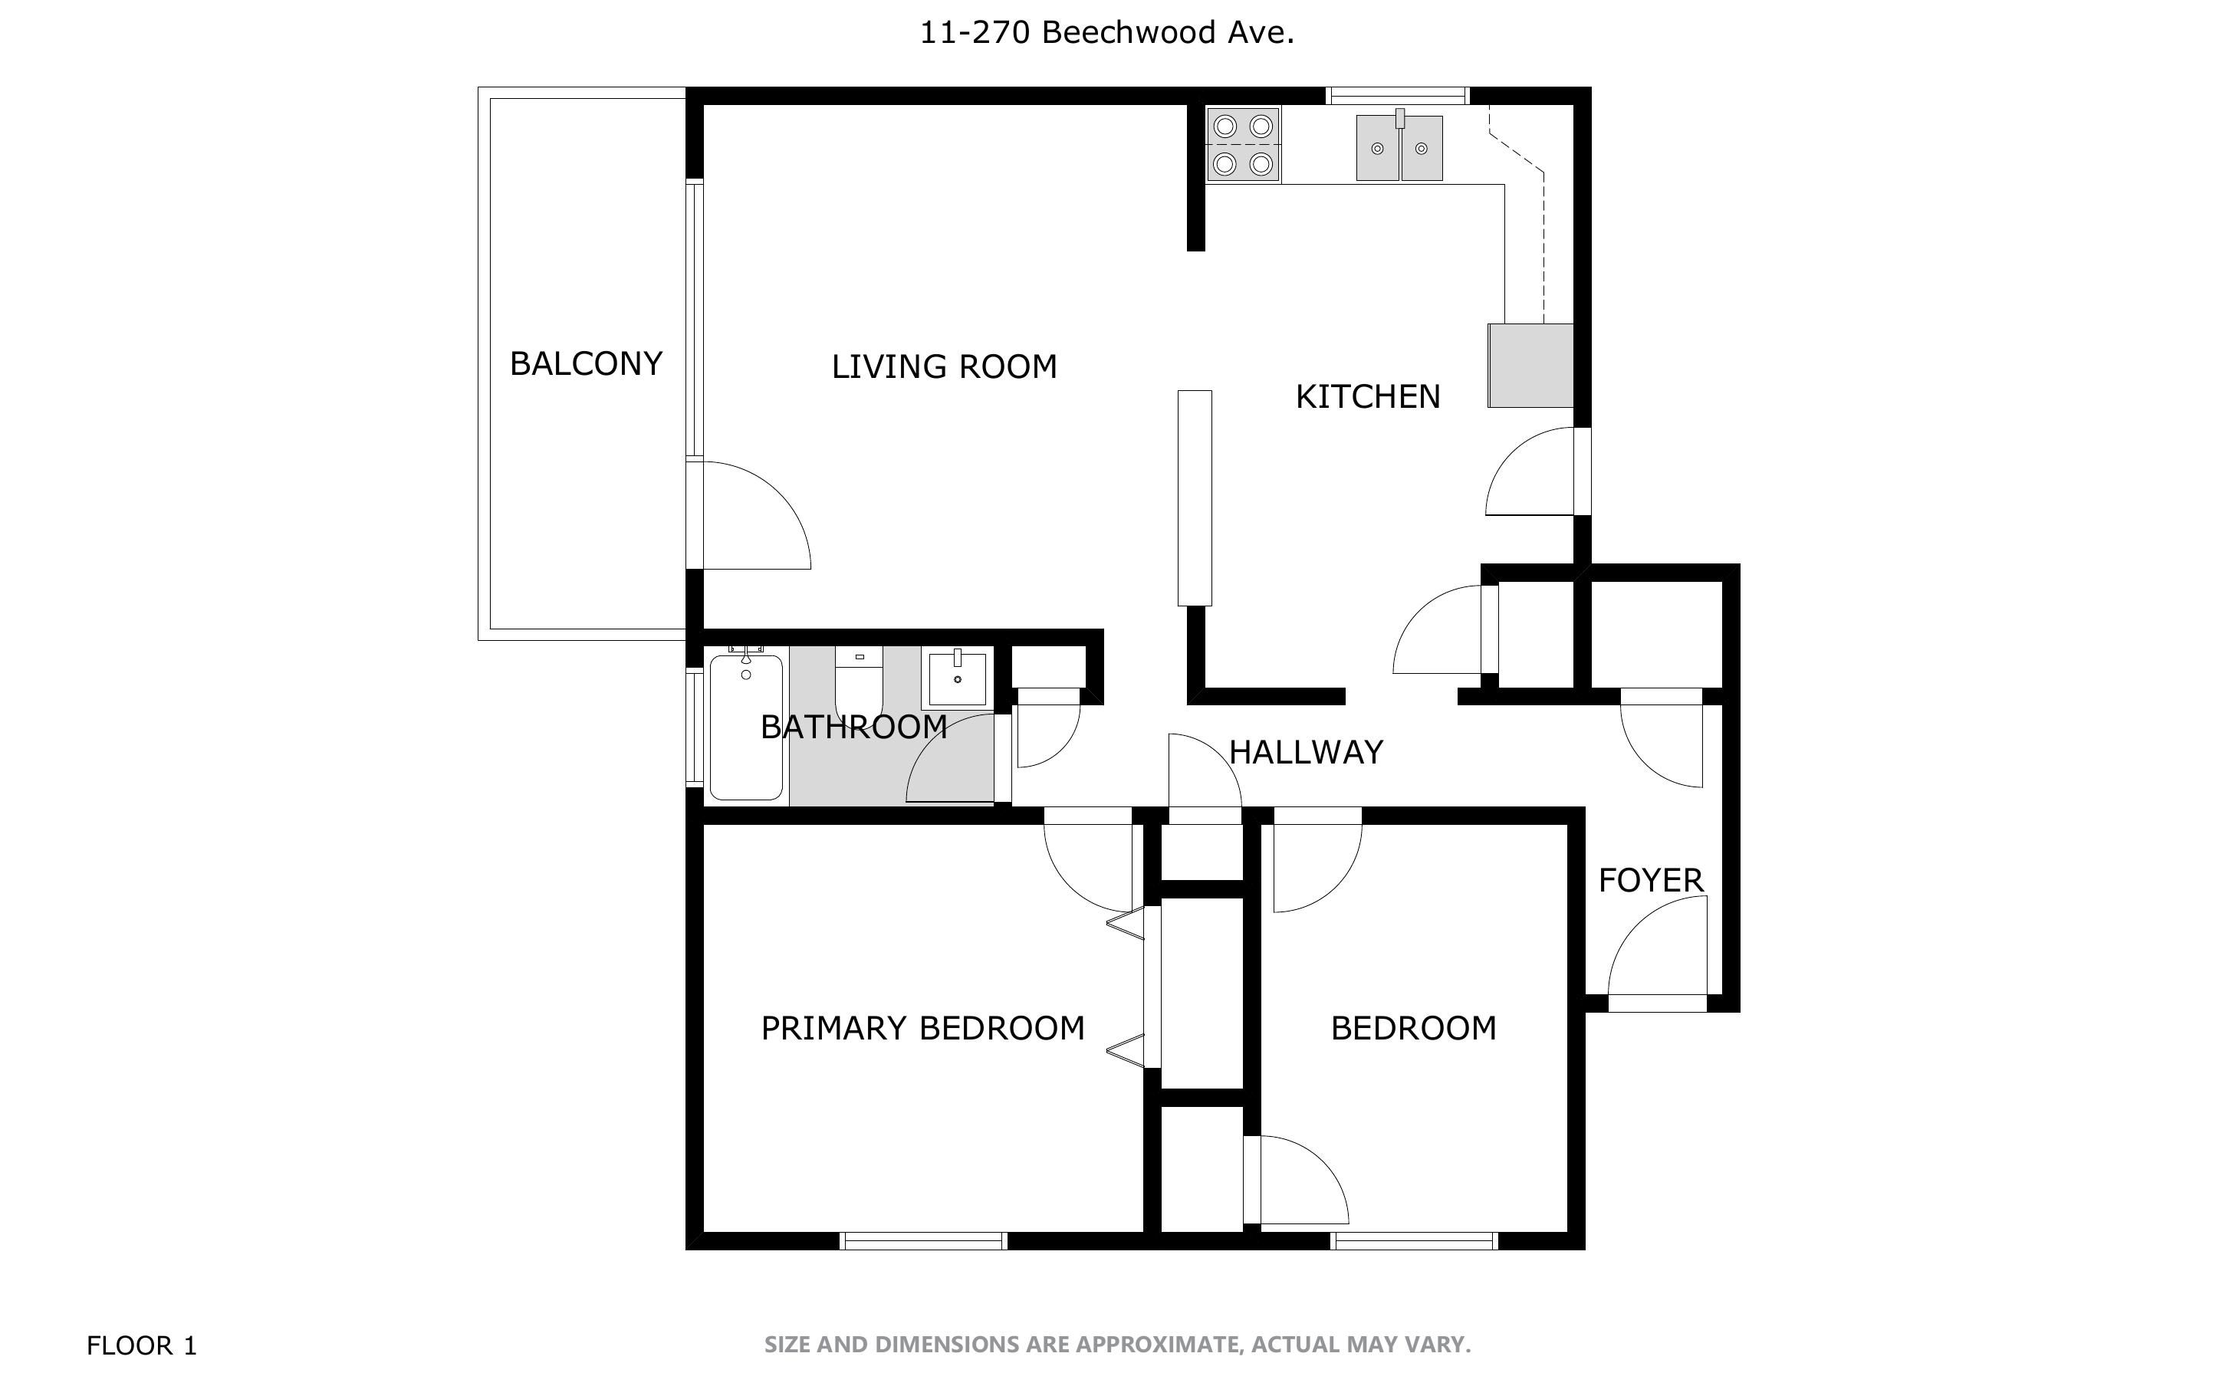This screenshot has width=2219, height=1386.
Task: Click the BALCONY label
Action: pyautogui.click(x=586, y=364)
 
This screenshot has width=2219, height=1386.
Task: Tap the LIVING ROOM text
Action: pyautogui.click(x=944, y=366)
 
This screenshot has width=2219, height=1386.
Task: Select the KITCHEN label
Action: pyautogui.click(x=1367, y=397)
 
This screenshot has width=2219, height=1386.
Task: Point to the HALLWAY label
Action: pyautogui.click(x=1305, y=753)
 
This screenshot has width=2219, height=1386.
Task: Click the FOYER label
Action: pyautogui.click(x=1651, y=881)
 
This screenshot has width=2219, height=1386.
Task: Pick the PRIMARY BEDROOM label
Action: pyautogui.click(x=923, y=1029)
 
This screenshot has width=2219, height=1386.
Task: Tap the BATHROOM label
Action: pyautogui.click(x=854, y=727)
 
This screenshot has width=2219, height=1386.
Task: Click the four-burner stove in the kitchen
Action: pyautogui.click(x=1243, y=145)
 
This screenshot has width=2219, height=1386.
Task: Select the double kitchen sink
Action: pyautogui.click(x=1399, y=146)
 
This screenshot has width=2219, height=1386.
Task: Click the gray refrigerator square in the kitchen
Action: pyautogui.click(x=1530, y=366)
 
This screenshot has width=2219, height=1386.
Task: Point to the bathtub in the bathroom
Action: pyautogui.click(x=746, y=726)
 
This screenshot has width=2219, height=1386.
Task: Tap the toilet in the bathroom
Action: pyautogui.click(x=859, y=680)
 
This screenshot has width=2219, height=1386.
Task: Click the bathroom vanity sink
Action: pyautogui.click(x=958, y=679)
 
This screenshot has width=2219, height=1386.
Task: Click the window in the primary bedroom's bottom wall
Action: pyautogui.click(x=924, y=1241)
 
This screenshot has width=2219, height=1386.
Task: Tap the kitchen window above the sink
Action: pyautogui.click(x=1398, y=95)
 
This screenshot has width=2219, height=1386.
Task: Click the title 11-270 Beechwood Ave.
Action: pyautogui.click(x=1107, y=33)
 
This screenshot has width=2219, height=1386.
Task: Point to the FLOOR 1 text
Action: pyautogui.click(x=142, y=1345)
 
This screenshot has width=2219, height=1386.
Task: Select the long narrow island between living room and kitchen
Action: pyautogui.click(x=1195, y=498)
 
